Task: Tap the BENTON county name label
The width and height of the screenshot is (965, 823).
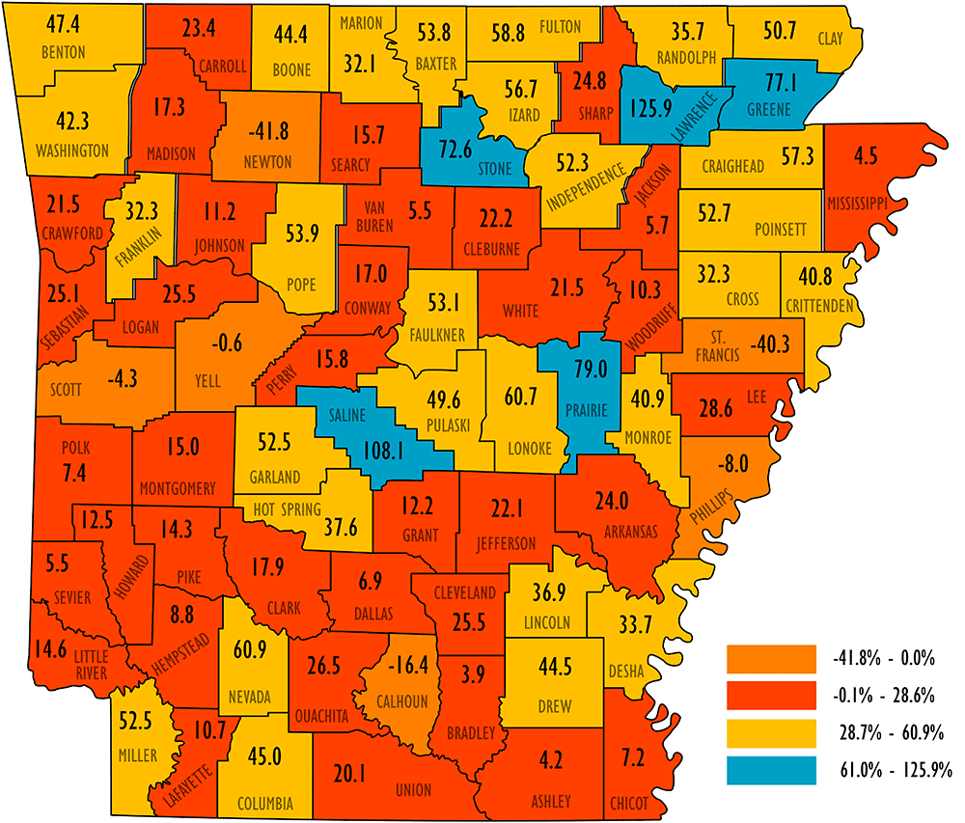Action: pos(64,51)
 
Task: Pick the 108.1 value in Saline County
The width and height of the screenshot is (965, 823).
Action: pos(380,450)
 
